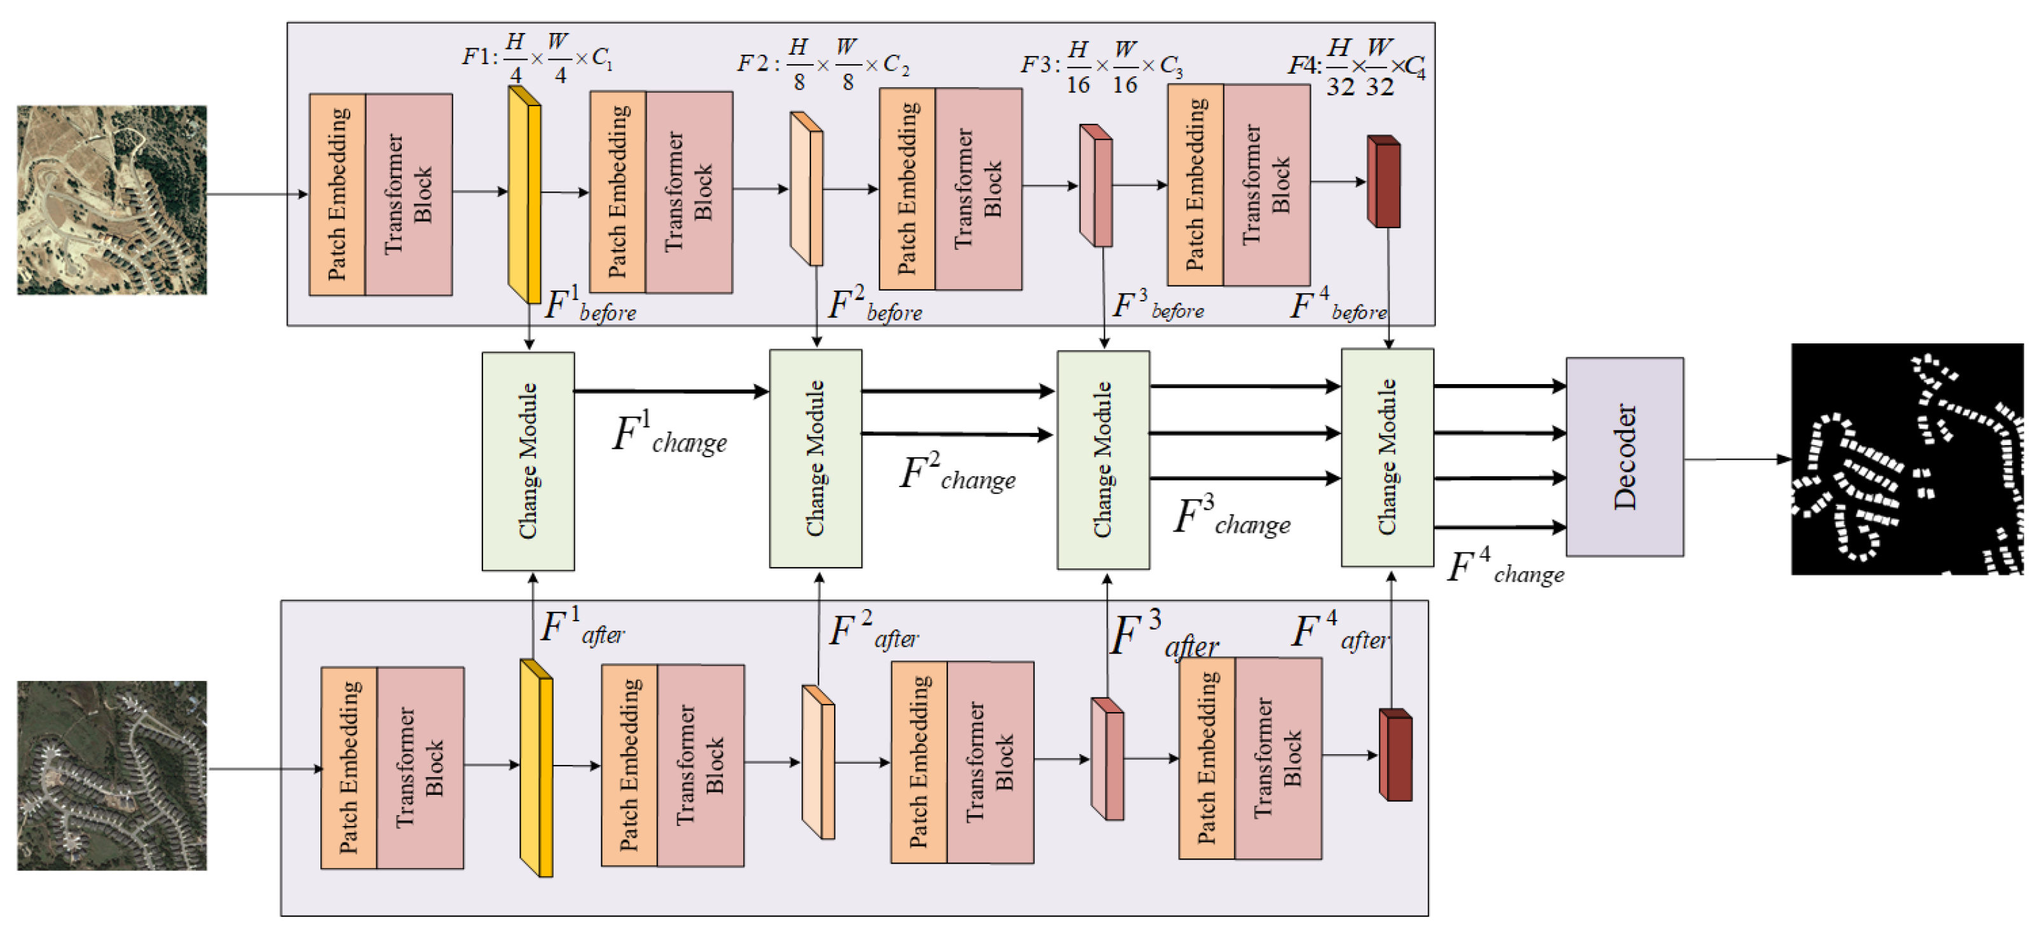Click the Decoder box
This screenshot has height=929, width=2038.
1624,457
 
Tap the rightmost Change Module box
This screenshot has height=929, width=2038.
1387,457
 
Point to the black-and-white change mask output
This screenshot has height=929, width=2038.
1906,459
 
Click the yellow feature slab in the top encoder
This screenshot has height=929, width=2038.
524,195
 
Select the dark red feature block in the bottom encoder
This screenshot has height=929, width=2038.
1395,754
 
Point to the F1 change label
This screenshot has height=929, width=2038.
669,434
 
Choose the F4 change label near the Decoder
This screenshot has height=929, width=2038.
1505,566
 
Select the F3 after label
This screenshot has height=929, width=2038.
1164,634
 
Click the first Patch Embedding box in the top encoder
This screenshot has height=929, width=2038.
337,195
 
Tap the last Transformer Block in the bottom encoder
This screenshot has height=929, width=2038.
1278,758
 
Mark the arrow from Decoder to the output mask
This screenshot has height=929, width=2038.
1737,459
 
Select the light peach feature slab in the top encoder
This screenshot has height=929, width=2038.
806,188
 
